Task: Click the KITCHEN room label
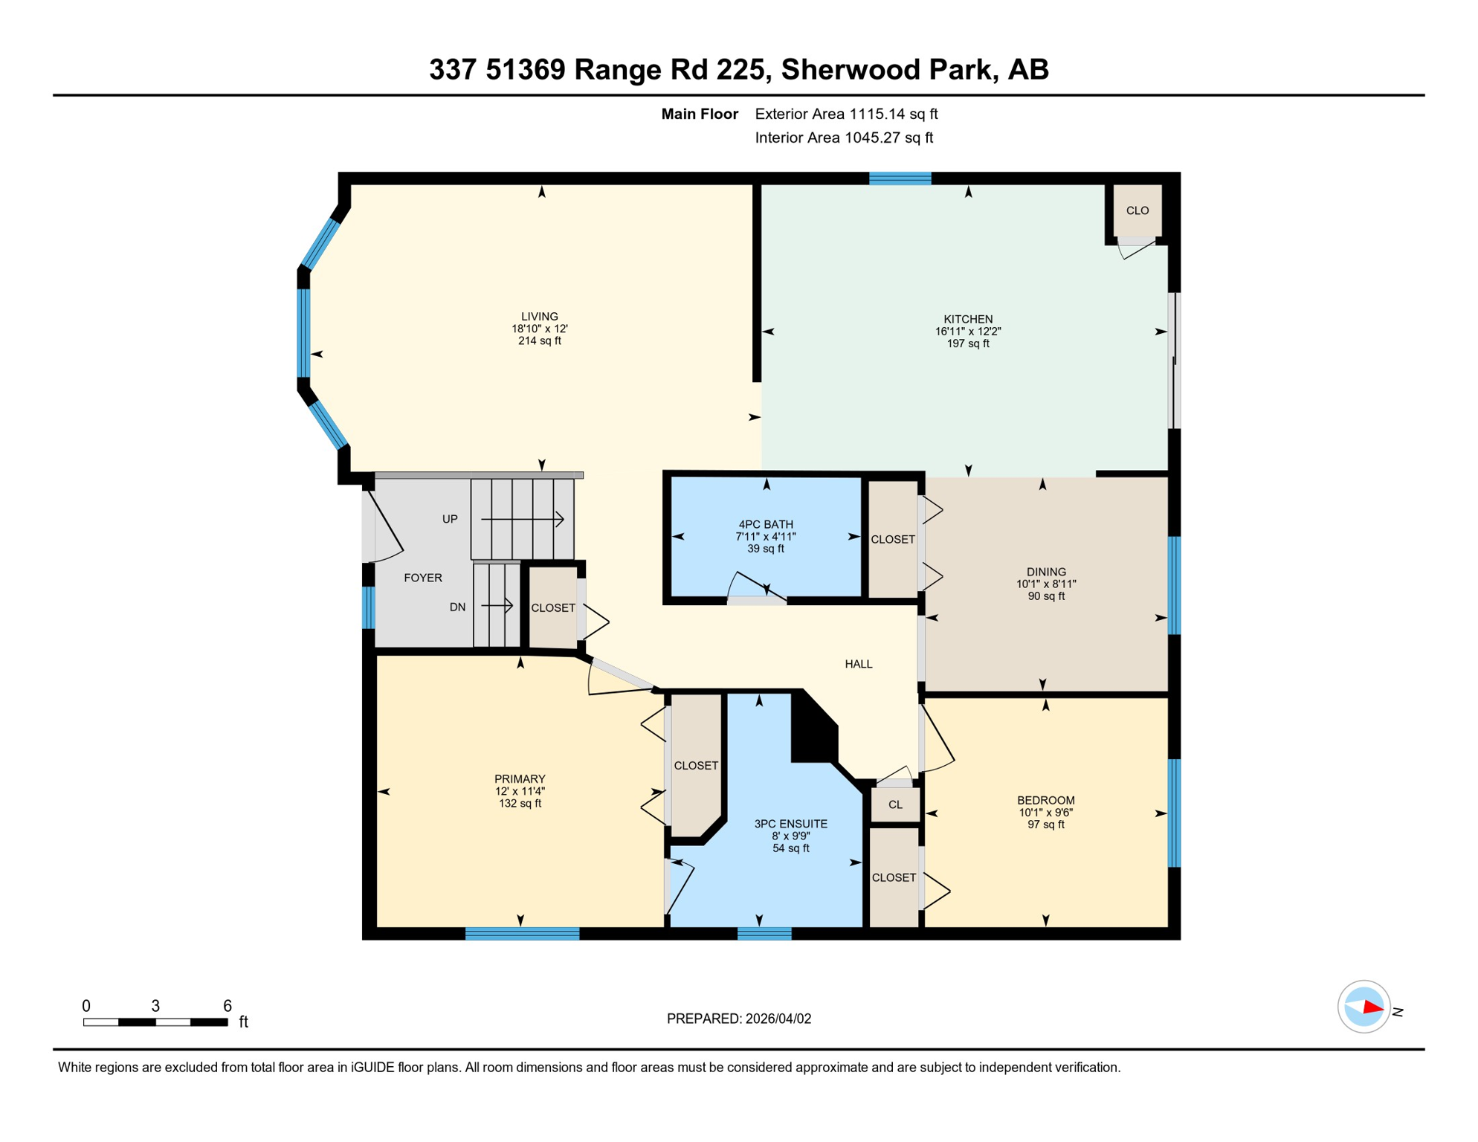[x=967, y=319]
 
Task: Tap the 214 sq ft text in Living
[x=539, y=341]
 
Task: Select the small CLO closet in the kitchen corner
[x=1137, y=210]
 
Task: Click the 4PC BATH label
[x=765, y=524]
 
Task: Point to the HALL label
[x=858, y=664]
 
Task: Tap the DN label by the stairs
[x=457, y=607]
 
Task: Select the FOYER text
[x=422, y=578]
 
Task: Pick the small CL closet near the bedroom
[x=895, y=804]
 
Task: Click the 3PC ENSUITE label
[x=790, y=824]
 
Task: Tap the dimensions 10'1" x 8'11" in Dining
[x=1046, y=584]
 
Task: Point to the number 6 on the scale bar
[x=227, y=1006]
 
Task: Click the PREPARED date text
[x=738, y=1019]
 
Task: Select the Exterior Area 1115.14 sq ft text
[x=846, y=114]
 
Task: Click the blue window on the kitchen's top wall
[x=900, y=178]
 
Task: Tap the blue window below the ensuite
[x=764, y=934]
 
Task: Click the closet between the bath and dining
[x=892, y=539]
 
